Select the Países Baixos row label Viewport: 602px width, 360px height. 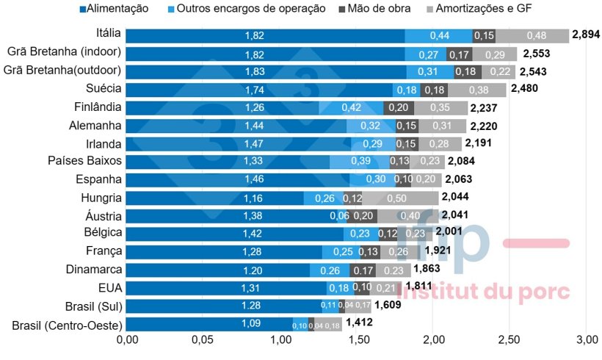(84, 160)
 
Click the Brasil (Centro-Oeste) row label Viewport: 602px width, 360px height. (67, 324)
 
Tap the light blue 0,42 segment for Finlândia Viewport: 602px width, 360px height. (352, 107)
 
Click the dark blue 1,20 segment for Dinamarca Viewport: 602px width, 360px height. (218, 269)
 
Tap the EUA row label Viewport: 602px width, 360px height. (109, 287)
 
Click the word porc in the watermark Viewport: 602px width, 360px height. (540, 291)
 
